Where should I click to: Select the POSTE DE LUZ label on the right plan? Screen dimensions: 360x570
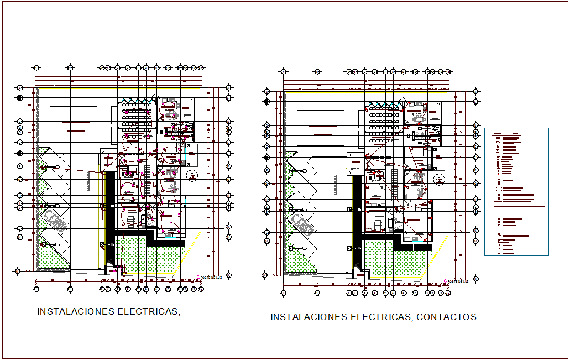pyautogui.click(x=458, y=281)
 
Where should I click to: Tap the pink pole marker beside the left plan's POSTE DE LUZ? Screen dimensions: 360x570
pyautogui.click(x=197, y=276)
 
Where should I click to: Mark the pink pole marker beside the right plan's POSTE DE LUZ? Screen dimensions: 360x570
pyautogui.click(x=445, y=281)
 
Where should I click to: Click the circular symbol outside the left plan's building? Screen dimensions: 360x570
pyautogui.click(x=192, y=176)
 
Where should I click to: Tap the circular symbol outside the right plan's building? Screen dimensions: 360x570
pyautogui.click(x=440, y=180)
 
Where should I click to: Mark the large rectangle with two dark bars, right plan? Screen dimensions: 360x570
pyautogui.click(x=322, y=129)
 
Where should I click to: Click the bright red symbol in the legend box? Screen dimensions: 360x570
pyautogui.click(x=499, y=180)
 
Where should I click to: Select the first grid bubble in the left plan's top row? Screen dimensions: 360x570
pyautogui.click(x=36, y=67)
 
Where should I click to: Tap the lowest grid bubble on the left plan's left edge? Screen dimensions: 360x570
pyautogui.click(x=17, y=271)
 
